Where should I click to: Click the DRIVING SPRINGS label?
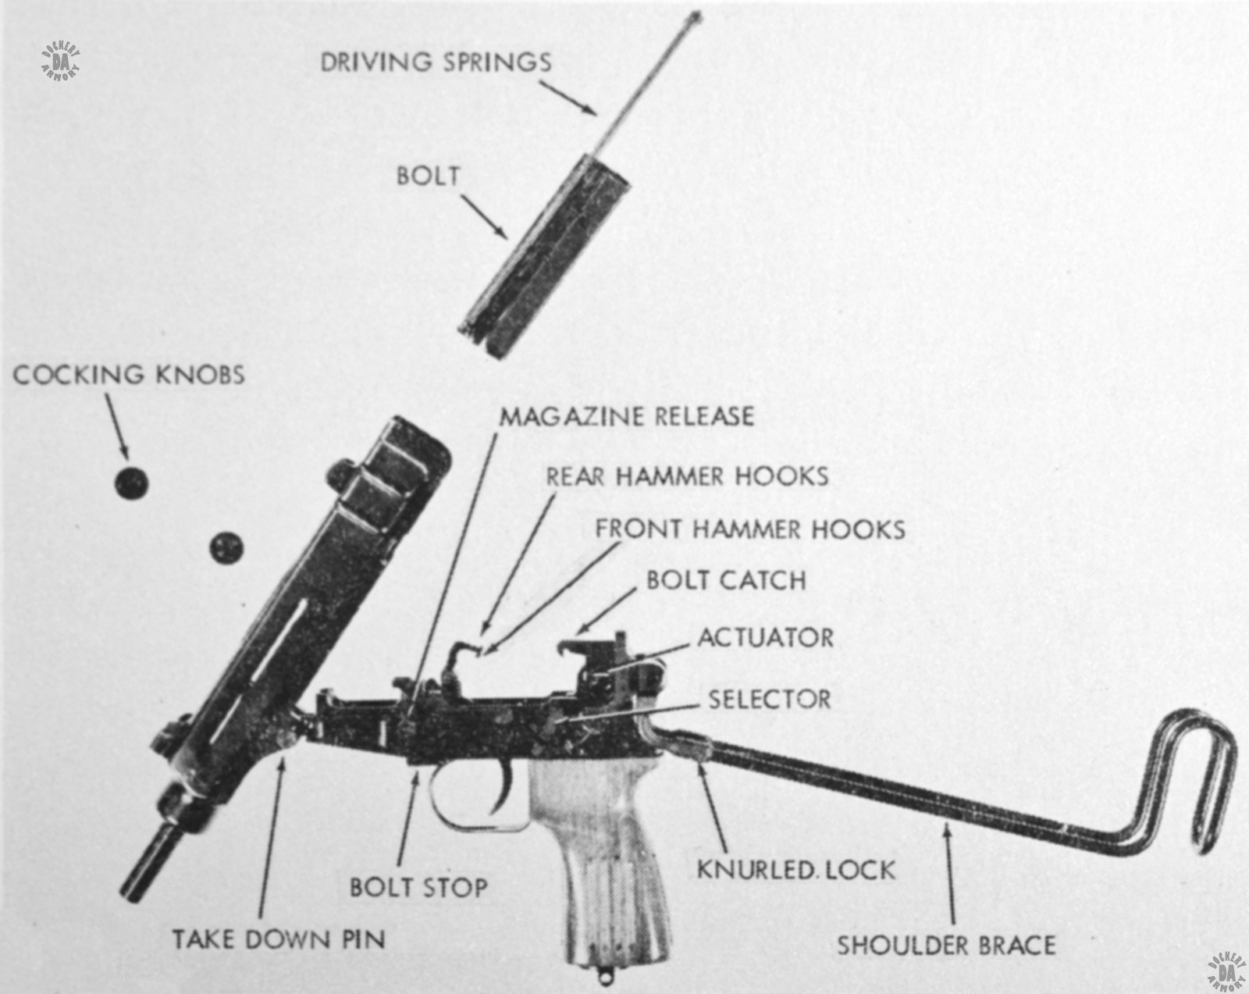click(436, 62)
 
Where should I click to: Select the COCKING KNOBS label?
click(128, 375)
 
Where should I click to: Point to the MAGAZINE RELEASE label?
click(627, 415)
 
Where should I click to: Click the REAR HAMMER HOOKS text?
click(687, 476)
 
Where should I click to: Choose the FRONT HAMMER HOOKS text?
click(750, 529)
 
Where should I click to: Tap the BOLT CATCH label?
click(726, 580)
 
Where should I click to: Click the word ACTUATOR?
click(765, 637)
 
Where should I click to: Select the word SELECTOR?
click(770, 699)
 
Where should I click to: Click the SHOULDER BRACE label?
click(946, 946)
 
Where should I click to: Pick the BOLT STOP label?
click(418, 887)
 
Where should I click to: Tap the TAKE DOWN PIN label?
click(279, 938)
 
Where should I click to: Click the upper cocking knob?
click(131, 483)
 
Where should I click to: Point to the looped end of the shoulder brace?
click(1205, 781)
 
